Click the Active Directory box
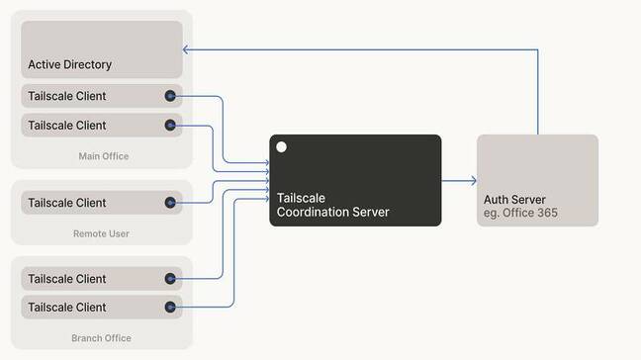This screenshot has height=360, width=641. pos(102,49)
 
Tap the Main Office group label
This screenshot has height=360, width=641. pos(103,156)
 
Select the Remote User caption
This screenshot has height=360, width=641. pos(102,233)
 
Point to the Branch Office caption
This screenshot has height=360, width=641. pos(101,338)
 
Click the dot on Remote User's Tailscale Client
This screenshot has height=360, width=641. pos(170,203)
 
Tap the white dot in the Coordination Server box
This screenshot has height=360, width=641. pos(282,147)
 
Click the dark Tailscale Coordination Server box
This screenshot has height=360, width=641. pos(355,180)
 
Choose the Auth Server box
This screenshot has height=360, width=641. pos(537,180)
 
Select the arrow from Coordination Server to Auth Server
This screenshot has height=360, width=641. pos(459,181)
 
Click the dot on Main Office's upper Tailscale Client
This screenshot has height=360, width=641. pos(170,96)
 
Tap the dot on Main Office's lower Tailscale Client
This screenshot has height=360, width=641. pos(170,126)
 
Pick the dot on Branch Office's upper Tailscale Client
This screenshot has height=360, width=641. pos(170,279)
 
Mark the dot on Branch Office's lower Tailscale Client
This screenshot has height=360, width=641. pos(170,307)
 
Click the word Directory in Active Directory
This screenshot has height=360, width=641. pos(88,64)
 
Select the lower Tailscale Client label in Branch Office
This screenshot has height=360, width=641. pos(67,307)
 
